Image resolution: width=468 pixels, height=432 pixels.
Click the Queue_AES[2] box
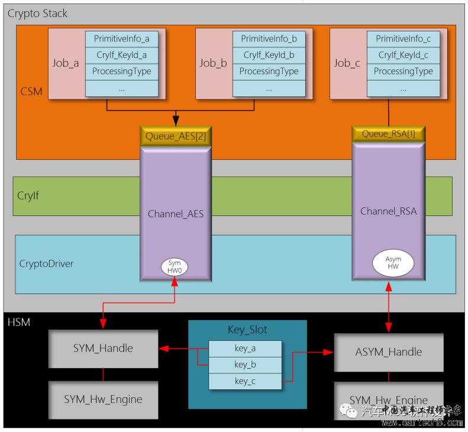tap(175, 137)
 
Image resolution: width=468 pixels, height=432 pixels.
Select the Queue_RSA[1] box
tap(388, 134)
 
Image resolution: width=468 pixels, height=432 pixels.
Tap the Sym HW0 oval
tap(175, 267)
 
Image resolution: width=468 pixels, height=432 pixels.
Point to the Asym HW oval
tap(392, 263)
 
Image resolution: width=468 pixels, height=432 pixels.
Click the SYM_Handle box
tap(103, 348)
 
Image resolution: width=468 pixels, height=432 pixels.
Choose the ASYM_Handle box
tap(388, 352)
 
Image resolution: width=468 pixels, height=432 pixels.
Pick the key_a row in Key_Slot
tap(244, 349)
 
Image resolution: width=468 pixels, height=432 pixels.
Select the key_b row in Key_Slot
tap(244, 365)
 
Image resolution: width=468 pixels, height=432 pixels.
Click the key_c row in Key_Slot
tap(244, 381)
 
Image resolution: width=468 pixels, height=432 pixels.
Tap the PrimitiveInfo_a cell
tap(122, 39)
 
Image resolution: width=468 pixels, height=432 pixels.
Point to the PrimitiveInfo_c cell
tap(403, 39)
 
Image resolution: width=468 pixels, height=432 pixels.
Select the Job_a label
tap(65, 63)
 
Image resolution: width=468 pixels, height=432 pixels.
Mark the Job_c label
tap(347, 63)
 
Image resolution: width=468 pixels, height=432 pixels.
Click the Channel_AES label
tap(175, 214)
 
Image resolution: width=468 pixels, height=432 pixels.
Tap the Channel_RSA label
tap(388, 211)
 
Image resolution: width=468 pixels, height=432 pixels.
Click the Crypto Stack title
tap(37, 13)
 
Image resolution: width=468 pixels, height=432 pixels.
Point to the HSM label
tap(19, 323)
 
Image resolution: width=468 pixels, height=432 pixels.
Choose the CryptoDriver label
tap(47, 263)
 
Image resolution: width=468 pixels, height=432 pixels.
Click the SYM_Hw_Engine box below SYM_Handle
tap(103, 399)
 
